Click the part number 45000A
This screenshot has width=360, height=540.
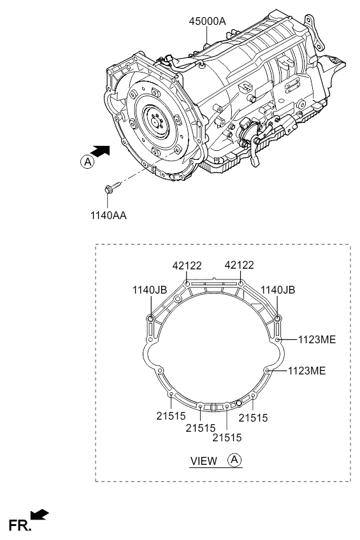(207, 22)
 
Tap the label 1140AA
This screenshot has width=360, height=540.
(108, 216)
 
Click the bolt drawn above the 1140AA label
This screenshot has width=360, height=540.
(112, 187)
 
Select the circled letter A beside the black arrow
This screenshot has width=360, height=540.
(87, 162)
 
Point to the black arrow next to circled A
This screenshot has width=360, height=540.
(101, 152)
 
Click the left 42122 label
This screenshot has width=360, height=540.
(187, 266)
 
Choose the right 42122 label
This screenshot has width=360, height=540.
(239, 265)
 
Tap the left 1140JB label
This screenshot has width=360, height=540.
(150, 290)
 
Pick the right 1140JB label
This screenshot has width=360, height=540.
(278, 290)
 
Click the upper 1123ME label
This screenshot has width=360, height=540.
(317, 339)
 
